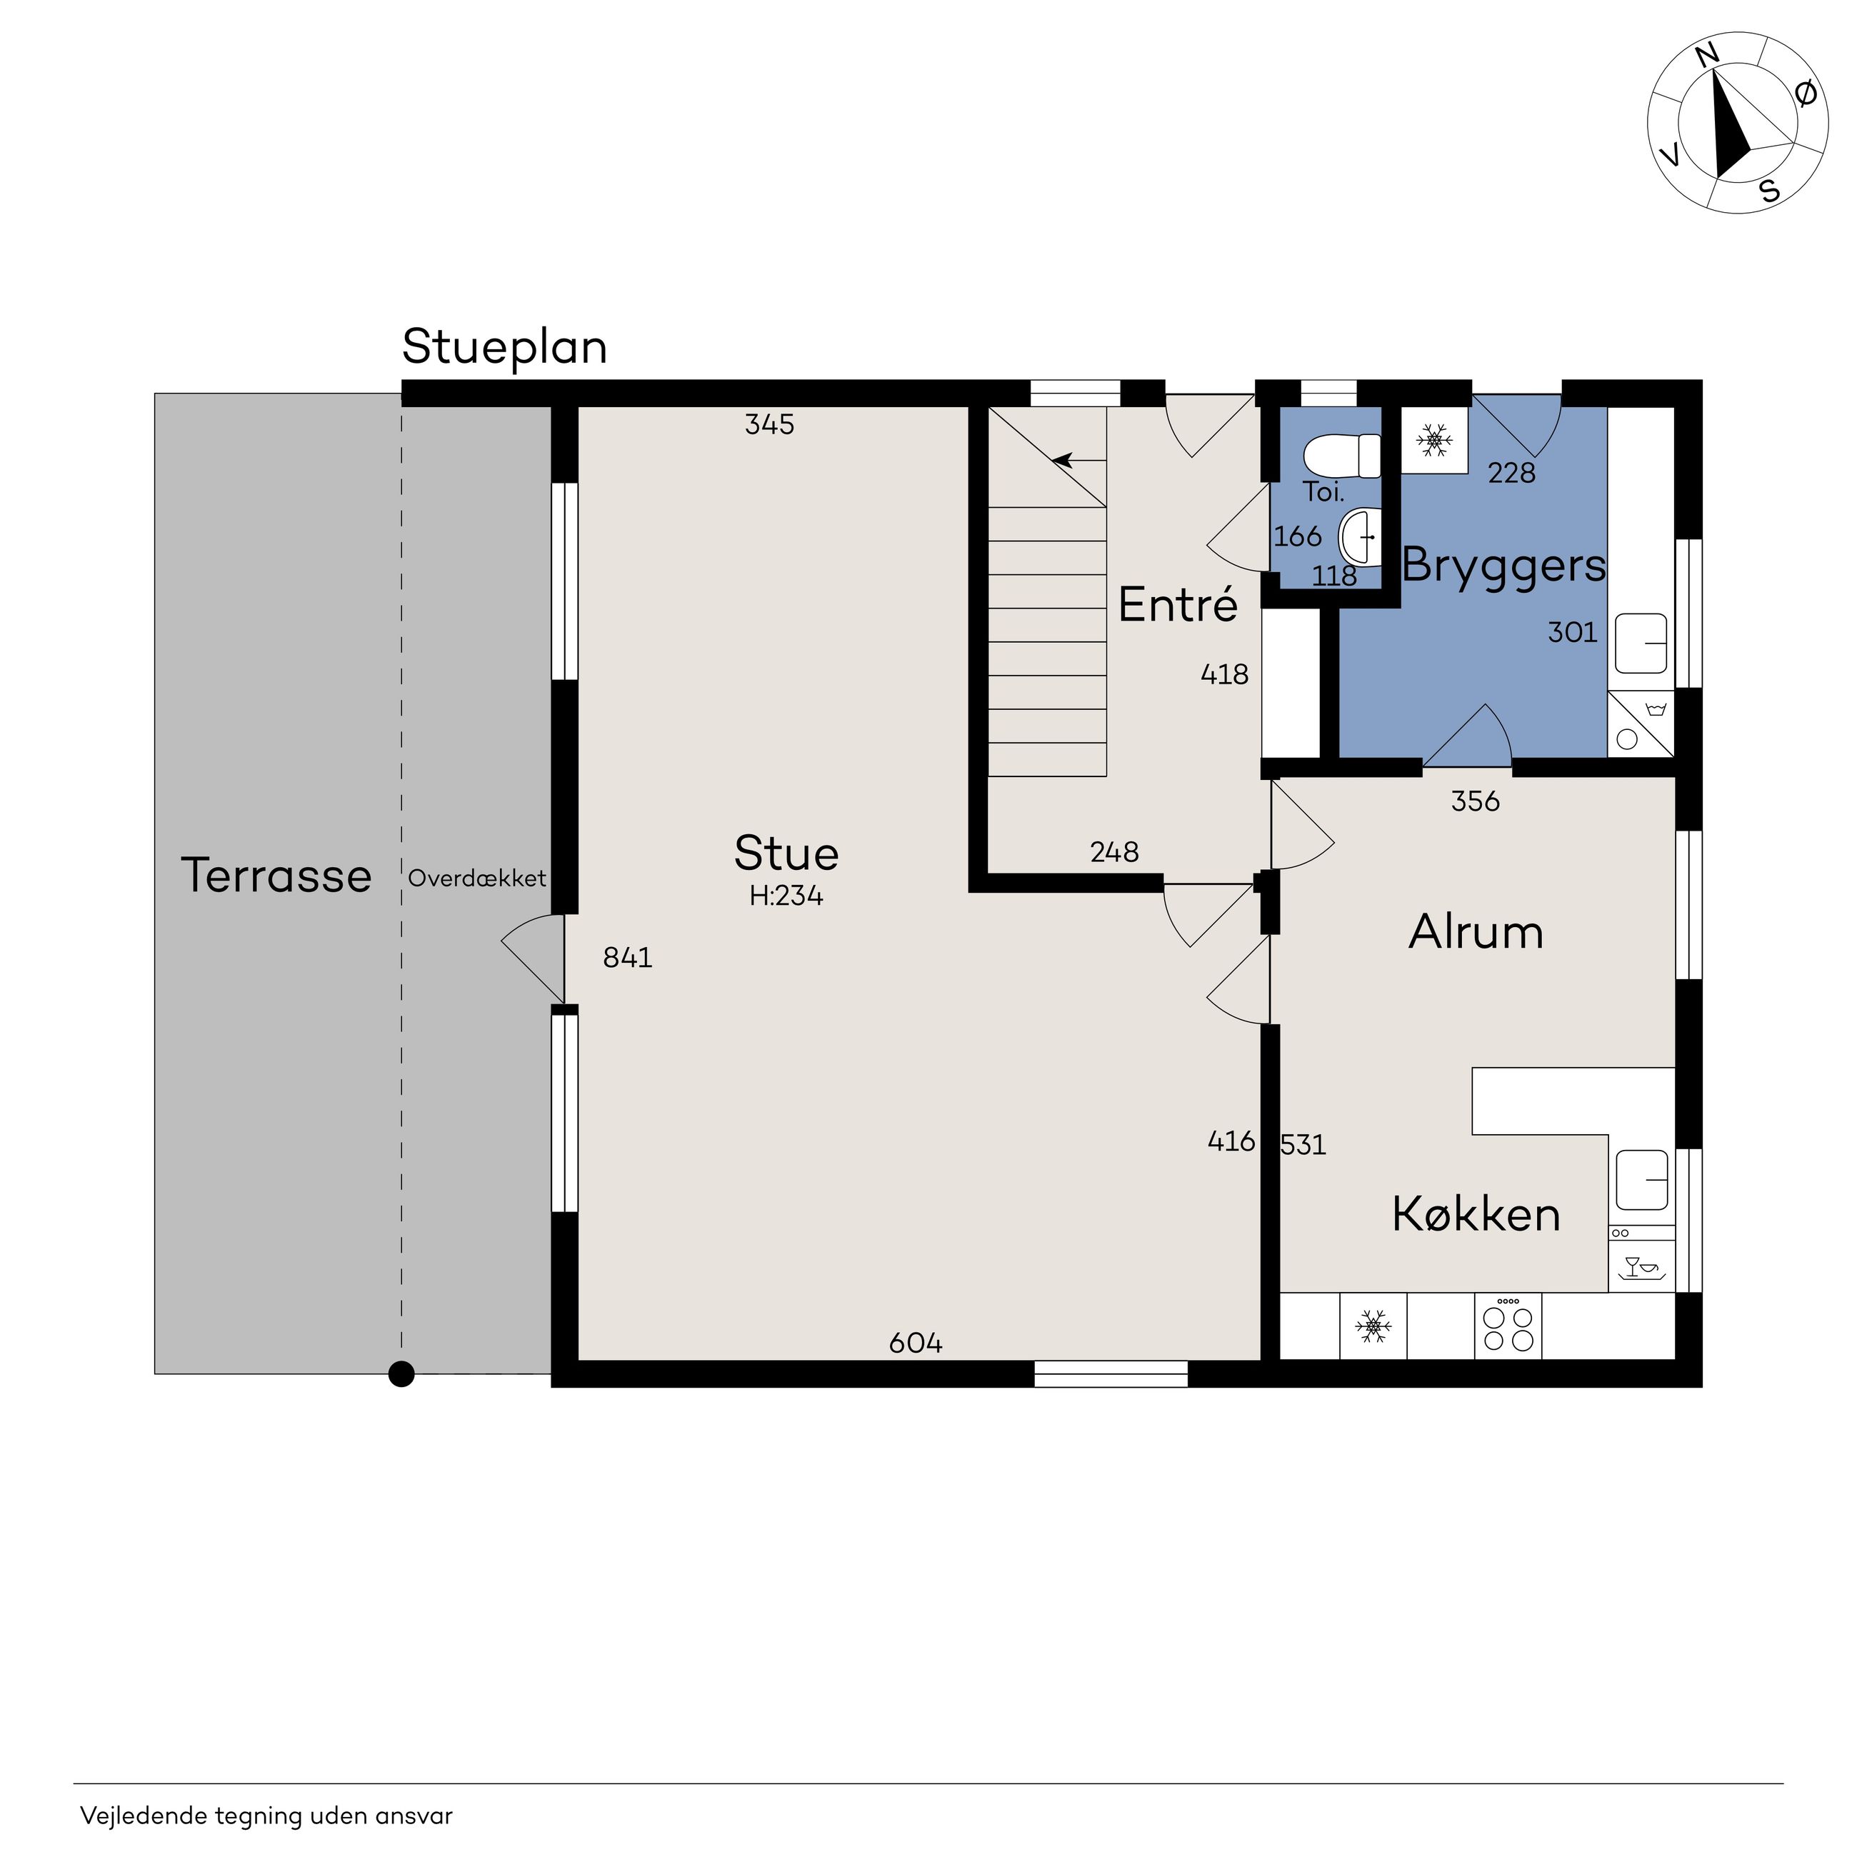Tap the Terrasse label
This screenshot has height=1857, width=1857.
pos(277,876)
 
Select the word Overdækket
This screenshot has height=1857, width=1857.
pos(476,878)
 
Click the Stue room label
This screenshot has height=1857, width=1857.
pos(786,853)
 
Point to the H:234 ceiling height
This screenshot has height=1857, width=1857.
pos(786,896)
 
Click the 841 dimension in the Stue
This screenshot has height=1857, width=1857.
pos(628,957)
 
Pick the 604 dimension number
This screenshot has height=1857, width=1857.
pos(915,1343)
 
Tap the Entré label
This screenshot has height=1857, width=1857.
pos(1178,604)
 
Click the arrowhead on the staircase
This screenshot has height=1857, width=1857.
pos(1063,461)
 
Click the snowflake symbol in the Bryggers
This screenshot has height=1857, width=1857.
pos(1434,440)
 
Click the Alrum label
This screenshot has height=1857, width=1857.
pos(1476,932)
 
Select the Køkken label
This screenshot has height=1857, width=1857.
pos(1476,1215)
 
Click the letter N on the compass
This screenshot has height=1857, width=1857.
pos(1707,56)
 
